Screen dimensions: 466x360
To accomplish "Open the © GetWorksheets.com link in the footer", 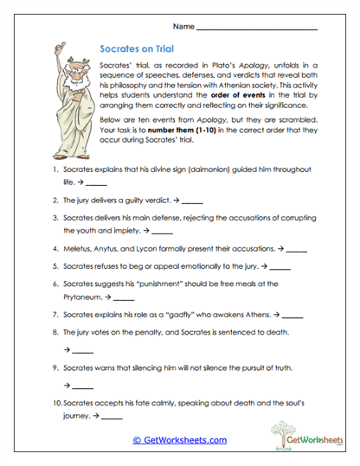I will (179, 440).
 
